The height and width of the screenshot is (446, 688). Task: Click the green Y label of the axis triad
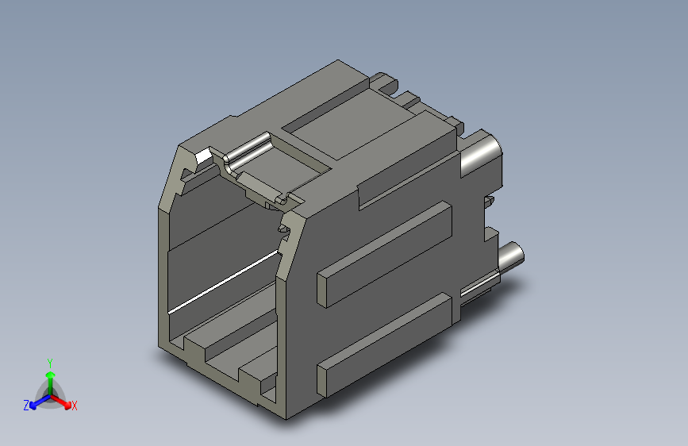pos(50,363)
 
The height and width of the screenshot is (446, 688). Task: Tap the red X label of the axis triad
pos(74,406)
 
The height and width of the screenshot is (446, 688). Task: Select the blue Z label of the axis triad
pos(26,406)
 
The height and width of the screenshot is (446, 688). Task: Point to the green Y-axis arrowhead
pos(51,375)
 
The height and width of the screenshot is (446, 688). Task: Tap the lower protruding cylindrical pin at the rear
pos(511,257)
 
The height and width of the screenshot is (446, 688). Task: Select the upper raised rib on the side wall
pos(385,254)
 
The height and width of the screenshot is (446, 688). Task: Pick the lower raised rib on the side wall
pos(385,345)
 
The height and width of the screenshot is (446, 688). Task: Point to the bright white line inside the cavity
pos(223,283)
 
